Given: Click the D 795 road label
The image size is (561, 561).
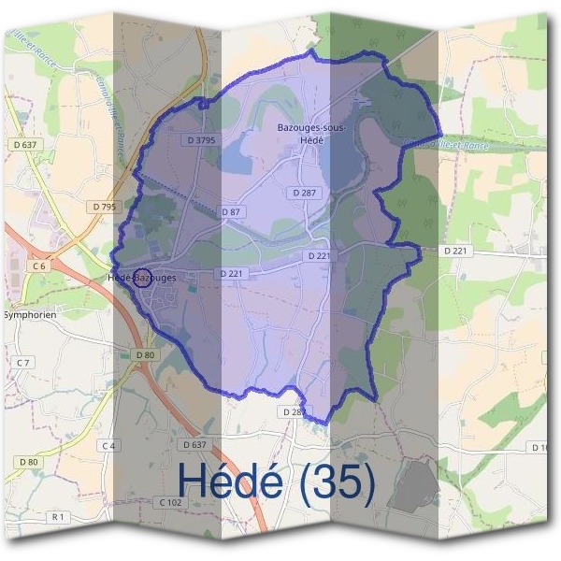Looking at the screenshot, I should pos(105,205).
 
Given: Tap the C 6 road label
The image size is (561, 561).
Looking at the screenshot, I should pos(38,266).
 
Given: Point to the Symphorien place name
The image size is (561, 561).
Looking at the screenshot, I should pos(29,315).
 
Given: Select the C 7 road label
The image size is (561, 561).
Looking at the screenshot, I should pos(23,362).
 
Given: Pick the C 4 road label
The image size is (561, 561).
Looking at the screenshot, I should pos(108,445).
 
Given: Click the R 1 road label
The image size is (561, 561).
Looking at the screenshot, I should pos(58,517).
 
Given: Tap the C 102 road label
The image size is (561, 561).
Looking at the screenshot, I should pos(170,502).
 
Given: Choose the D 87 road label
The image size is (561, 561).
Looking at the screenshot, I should pos(231,212).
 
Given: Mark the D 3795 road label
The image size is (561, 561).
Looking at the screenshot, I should pos(200,140).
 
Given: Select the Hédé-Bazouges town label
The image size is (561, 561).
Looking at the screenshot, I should pos(141,279).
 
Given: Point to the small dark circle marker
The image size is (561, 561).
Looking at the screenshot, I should pos(143,277).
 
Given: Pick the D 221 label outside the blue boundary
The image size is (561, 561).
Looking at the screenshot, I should pos(455,252).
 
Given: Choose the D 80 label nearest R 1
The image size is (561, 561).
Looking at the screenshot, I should pos(28,462).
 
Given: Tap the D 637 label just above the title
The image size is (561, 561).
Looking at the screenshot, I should pos(194,444).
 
